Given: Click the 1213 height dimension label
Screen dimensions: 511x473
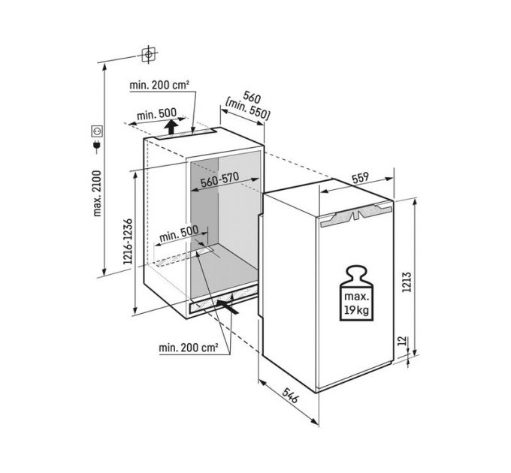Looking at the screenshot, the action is pos(407,282).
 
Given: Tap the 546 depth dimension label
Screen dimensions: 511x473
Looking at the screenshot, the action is pos(290,395).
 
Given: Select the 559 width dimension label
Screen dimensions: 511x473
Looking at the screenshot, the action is pos(361,178).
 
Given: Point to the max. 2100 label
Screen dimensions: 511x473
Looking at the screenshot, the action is pos(97,193).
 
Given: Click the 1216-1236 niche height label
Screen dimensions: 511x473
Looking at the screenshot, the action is pos(128,241).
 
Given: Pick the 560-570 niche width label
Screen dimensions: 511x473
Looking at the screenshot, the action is pos(219,179).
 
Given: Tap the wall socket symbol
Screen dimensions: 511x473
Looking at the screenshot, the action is pos(97,131).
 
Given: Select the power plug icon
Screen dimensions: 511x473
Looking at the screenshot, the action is pos(97,146).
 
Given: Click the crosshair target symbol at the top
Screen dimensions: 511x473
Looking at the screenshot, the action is pos(149,54).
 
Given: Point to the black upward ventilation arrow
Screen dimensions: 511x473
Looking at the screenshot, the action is pos(171,127).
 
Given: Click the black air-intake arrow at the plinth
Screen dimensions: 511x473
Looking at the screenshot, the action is pos(228,306).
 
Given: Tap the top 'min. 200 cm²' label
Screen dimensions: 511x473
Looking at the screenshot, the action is pos(159,86).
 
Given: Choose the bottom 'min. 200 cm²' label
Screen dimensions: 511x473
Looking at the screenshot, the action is pos(189,348).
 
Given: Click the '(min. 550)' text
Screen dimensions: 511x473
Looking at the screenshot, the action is pos(248,110).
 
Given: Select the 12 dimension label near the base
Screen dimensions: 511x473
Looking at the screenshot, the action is pos(404,341).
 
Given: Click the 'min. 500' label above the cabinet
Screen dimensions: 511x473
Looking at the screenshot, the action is pos(156,114).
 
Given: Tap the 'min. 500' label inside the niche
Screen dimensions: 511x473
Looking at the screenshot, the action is pos(179,233).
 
